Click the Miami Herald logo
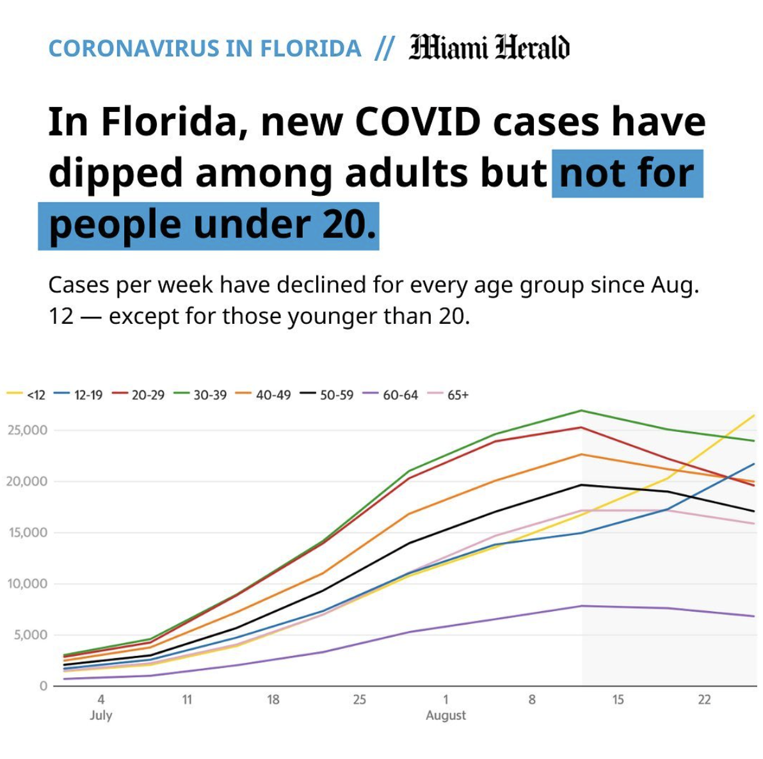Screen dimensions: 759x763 tap(489, 47)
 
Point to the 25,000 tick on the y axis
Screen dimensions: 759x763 tap(27, 430)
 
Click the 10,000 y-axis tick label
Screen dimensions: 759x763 tap(27, 584)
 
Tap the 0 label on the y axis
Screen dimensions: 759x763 tap(43, 686)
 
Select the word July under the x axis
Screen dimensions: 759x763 tap(101, 715)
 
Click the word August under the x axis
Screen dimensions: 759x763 tap(446, 715)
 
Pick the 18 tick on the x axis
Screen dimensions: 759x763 tap(273, 699)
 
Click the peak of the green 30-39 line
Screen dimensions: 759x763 tap(581, 410)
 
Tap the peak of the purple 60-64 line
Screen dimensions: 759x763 tap(581, 605)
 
